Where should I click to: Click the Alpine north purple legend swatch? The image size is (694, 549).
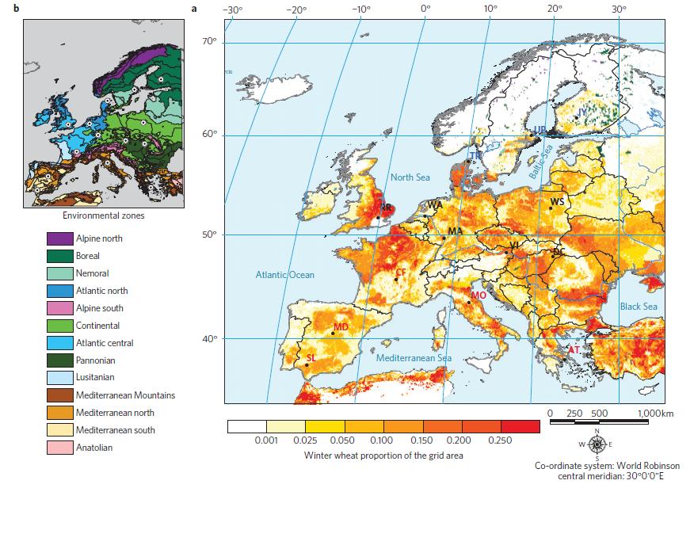point(60,238)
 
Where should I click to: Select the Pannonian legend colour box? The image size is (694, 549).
point(60,360)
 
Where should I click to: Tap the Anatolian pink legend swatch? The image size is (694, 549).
point(60,448)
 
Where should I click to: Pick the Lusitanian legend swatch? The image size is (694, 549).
point(60,378)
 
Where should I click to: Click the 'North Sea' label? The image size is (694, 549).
point(409,177)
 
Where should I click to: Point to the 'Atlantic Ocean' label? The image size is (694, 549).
point(284,275)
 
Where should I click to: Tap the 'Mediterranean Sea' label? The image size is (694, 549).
point(414,358)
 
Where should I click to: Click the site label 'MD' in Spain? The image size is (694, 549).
point(341,327)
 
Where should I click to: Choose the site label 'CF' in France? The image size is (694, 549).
point(401,272)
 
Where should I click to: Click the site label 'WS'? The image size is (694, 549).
point(558,202)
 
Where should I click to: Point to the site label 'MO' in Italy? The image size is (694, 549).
point(479,295)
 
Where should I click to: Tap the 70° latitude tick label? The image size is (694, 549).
point(209,41)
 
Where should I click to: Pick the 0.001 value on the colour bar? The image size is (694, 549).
point(267,439)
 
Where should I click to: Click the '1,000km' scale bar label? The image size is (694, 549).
point(655,414)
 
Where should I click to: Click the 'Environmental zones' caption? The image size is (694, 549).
point(102,215)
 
